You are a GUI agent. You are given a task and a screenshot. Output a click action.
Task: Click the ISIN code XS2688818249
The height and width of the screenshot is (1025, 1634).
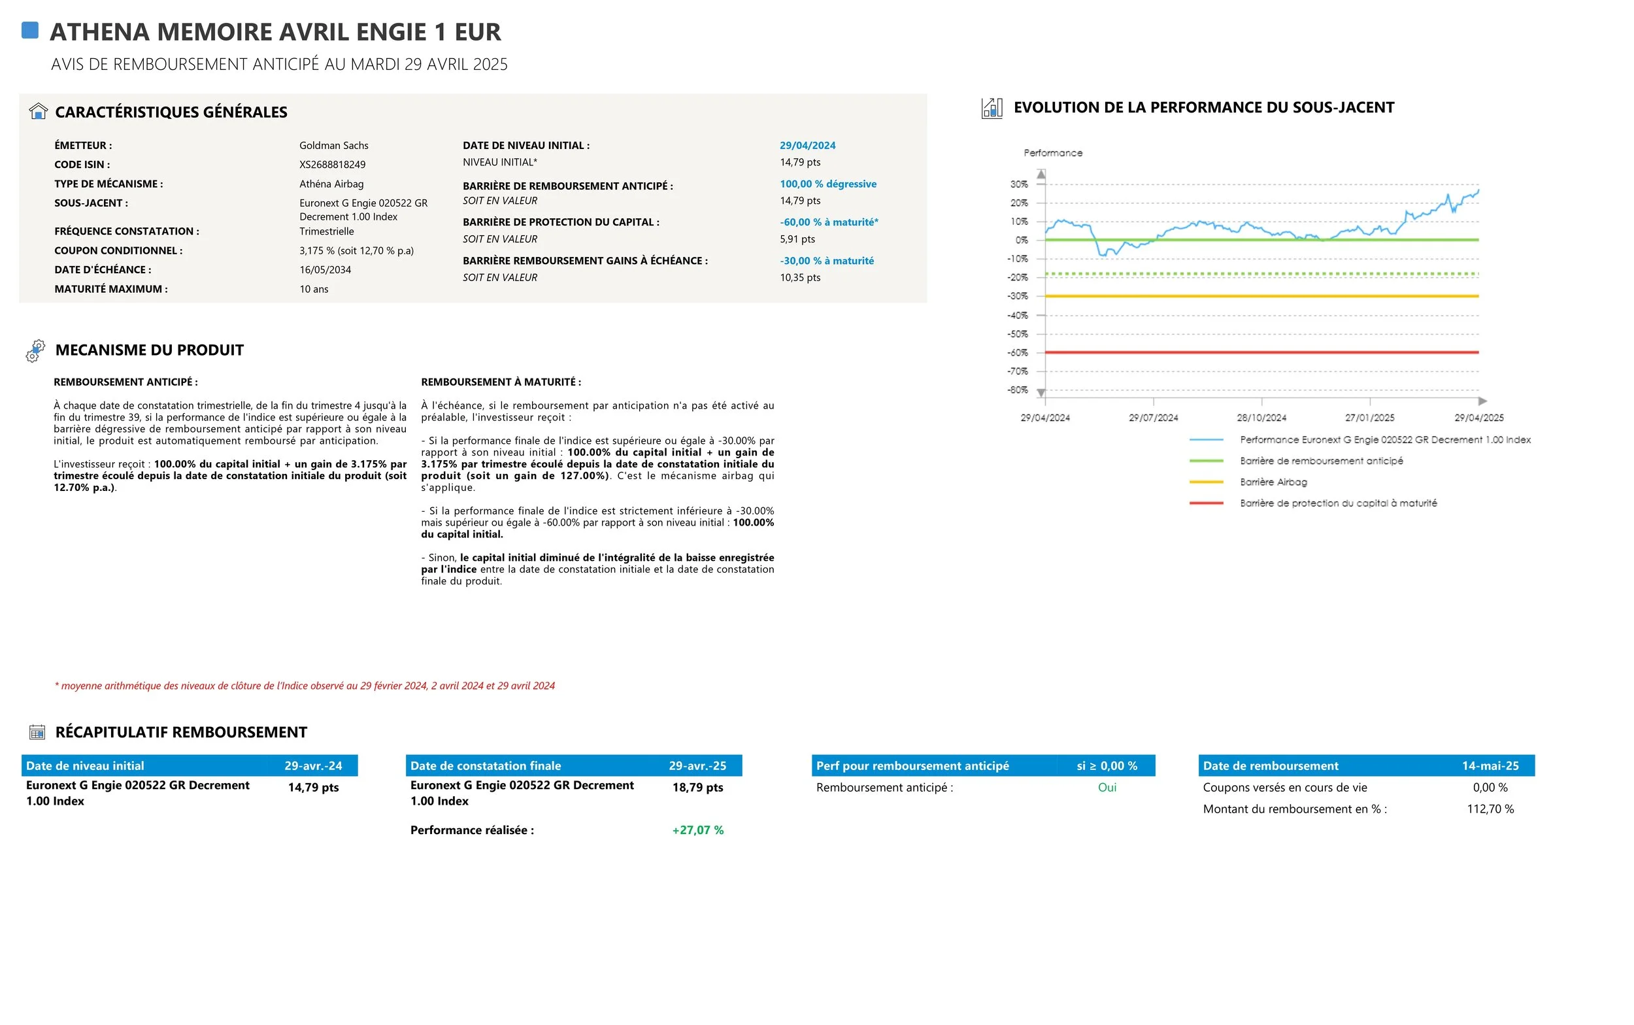[332, 165]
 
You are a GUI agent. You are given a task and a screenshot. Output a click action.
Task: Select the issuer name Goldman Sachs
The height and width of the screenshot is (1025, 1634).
[333, 146]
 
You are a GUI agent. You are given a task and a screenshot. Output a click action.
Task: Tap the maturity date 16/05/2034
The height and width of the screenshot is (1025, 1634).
[325, 270]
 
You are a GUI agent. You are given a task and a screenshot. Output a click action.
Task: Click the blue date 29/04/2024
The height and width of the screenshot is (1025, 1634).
[807, 146]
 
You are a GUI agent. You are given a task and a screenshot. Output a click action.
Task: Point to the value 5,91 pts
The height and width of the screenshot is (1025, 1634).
[797, 239]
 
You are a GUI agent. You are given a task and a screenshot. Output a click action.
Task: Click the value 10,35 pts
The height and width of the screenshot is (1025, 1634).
[800, 278]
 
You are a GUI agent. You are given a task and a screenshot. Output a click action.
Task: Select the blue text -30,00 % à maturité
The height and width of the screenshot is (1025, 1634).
[826, 261]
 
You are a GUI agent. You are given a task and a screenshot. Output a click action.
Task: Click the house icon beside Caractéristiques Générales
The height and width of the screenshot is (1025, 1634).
[39, 111]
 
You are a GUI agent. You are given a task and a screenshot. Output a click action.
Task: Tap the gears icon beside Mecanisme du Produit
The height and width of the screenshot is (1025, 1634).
[35, 350]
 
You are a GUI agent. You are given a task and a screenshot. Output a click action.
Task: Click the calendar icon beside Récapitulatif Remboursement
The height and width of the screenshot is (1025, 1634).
[37, 732]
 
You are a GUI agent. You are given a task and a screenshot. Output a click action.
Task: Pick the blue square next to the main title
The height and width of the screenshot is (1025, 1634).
[30, 31]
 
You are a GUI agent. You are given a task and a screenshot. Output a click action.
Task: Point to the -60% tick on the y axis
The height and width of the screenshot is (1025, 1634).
[1018, 352]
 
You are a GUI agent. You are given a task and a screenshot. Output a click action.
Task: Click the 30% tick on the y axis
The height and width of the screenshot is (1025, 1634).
[1018, 184]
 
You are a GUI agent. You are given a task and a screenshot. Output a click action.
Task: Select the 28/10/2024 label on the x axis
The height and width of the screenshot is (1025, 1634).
[1261, 418]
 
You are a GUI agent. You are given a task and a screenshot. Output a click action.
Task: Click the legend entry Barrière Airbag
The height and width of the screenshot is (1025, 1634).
[1273, 482]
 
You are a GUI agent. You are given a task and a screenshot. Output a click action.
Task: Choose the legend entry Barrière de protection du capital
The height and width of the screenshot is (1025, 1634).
[1338, 503]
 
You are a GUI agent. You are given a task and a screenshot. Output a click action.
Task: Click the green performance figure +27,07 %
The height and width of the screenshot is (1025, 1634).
[697, 830]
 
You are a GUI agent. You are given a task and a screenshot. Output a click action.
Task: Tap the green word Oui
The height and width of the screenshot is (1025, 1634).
[1107, 788]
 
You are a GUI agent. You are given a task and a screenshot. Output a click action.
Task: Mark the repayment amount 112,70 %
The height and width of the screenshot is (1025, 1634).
[1490, 809]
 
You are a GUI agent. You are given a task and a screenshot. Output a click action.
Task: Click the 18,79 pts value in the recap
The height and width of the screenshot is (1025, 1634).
[697, 788]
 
